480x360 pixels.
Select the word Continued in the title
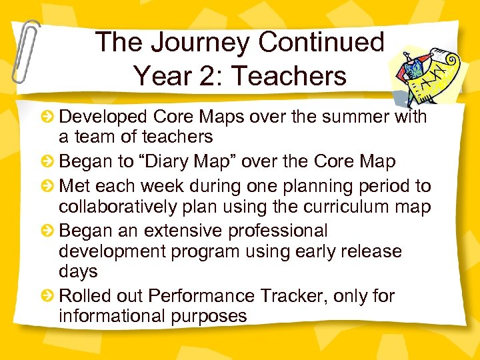(321, 42)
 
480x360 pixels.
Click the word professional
(278, 231)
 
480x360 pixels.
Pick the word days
(78, 272)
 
